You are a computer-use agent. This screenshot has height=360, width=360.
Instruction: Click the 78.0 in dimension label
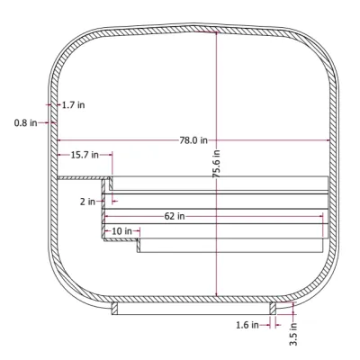(193, 140)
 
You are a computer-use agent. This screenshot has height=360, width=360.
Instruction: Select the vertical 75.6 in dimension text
(216, 163)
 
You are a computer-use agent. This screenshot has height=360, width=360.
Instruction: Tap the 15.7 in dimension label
(85, 155)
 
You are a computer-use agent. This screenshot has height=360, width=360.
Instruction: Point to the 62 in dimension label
(175, 216)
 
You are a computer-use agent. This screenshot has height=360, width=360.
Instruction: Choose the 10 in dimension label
(121, 231)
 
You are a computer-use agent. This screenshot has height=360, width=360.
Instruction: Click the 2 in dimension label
(87, 202)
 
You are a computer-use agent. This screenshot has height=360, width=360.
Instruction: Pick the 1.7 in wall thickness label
(73, 105)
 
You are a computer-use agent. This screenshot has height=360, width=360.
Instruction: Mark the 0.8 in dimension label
(25, 122)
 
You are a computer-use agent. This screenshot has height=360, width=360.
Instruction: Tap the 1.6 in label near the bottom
(247, 324)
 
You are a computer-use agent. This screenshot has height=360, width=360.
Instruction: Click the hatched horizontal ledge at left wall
(81, 178)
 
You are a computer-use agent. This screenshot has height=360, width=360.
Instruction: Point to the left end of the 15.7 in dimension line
(58, 155)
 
